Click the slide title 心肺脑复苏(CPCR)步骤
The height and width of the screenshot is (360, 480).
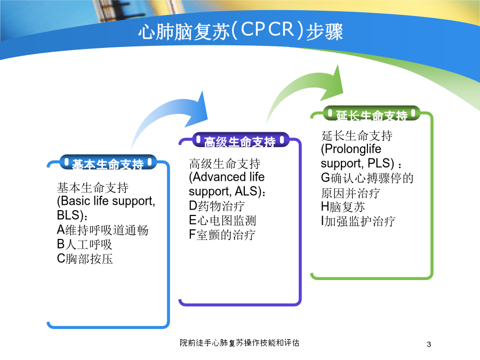coord(241,31)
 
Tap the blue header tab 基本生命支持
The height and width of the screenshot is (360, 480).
coord(108,163)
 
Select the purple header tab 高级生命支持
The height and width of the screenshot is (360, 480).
coord(241,140)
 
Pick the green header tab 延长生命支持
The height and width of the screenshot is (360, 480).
coord(372,114)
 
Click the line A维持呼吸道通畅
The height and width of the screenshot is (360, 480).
coord(102,230)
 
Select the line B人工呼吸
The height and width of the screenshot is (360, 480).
coord(84,244)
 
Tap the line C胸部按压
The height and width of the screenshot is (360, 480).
coord(85,259)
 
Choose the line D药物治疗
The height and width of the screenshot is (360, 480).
coord(217,206)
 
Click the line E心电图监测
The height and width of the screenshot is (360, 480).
coord(222,220)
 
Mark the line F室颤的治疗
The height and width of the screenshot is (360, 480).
coord(222,235)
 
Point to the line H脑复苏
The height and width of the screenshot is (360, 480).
coord(343,206)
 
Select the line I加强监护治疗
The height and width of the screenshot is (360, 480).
coord(358,221)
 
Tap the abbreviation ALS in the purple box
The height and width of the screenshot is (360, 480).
coord(246,191)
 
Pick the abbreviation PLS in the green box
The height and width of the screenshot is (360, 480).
coord(379,163)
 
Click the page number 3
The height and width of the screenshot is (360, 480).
coord(429,344)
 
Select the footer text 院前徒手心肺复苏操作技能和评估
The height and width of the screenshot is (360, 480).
coord(239,342)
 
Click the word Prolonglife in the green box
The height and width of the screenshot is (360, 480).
coord(353,149)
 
